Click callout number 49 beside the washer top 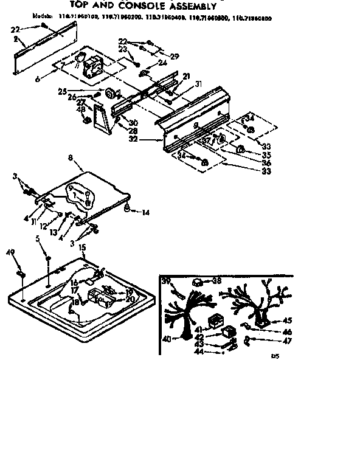pyautogui.click(x=10, y=252)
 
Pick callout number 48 pyautogui.click(x=81, y=110)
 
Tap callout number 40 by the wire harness pyautogui.click(x=166, y=339)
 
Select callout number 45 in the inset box pyautogui.click(x=288, y=320)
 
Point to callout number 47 pyautogui.click(x=288, y=342)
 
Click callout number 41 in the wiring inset pyautogui.click(x=199, y=328)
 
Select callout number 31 pyautogui.click(x=198, y=84)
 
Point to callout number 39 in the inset pyautogui.click(x=166, y=280)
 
